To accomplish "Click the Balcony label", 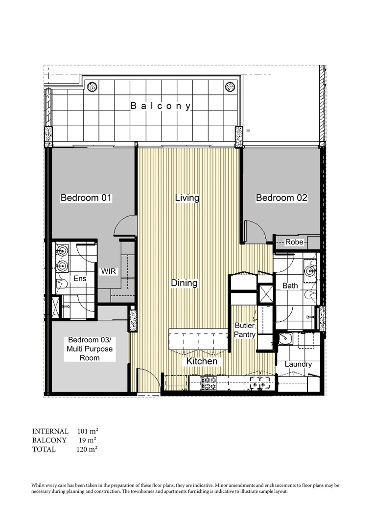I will click(x=161, y=106).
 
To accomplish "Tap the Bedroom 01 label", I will click(x=86, y=198).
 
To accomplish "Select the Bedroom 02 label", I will click(x=281, y=198).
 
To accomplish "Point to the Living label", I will click(x=187, y=198).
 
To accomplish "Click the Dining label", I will click(x=184, y=283).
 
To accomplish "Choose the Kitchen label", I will click(x=201, y=361).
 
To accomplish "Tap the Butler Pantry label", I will click(x=245, y=330).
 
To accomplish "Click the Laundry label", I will click(x=298, y=364).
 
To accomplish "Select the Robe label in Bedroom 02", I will click(x=294, y=242).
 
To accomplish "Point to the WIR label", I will click(x=109, y=271).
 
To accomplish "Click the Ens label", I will click(x=80, y=279).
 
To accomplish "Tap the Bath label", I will click(x=290, y=286).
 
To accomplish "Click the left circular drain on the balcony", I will click(x=92, y=87).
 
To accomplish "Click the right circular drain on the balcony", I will click(x=230, y=87).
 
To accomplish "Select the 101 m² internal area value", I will click(x=88, y=431).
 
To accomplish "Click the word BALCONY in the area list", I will click(x=49, y=440).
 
